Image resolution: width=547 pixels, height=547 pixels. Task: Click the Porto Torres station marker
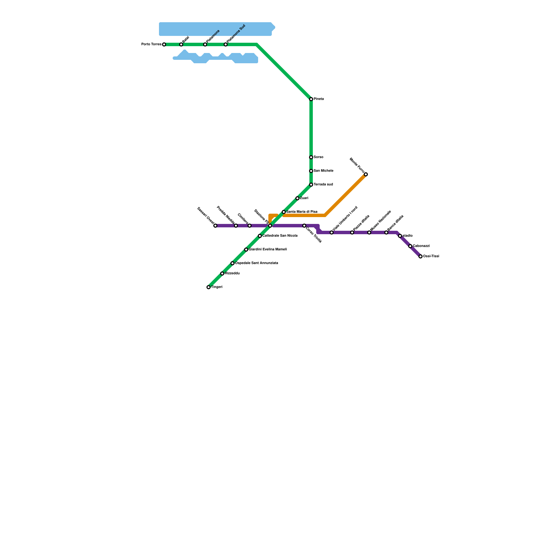tap(164, 44)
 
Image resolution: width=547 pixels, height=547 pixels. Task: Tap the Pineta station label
tap(319, 99)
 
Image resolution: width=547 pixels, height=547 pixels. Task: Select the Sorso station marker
tap(311, 157)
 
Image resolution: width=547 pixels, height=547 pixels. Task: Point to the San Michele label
tap(323, 171)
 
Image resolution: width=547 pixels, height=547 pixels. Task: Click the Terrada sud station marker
tap(311, 185)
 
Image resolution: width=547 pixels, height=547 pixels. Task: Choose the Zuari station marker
tap(297, 198)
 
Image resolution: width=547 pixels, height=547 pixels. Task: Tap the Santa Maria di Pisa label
tap(302, 212)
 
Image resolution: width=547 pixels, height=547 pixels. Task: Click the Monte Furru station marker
tap(366, 174)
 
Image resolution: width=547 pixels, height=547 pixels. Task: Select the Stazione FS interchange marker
tap(270, 226)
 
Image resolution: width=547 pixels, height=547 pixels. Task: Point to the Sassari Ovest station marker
tap(215, 226)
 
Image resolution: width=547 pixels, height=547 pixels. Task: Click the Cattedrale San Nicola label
tap(280, 236)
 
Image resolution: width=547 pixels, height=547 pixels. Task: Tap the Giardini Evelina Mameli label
tap(268, 250)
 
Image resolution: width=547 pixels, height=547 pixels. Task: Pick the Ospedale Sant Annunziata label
tap(256, 263)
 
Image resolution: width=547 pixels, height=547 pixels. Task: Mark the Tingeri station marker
tap(209, 287)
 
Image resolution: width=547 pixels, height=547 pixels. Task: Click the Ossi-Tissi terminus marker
tap(421, 256)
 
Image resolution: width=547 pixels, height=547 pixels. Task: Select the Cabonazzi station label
tap(421, 246)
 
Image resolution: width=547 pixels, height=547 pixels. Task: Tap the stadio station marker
tap(400, 236)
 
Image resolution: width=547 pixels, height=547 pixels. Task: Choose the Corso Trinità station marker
tap(304, 226)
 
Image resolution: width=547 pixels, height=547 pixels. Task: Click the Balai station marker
tap(181, 44)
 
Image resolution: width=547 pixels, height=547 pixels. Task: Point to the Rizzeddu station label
tap(232, 273)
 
